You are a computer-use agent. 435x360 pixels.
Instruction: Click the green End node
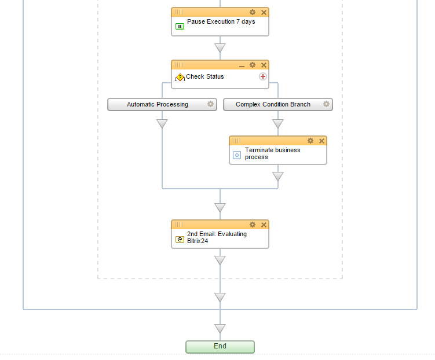coord(220,346)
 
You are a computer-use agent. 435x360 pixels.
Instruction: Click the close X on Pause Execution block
coord(264,12)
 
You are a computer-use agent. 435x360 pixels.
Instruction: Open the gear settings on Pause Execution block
coord(253,12)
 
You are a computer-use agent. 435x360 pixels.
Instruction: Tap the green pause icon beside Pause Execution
coord(180,26)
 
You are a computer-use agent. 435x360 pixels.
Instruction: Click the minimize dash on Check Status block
coord(242,65)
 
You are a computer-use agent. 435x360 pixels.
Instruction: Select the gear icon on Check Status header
coord(253,65)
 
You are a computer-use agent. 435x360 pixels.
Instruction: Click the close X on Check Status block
coord(264,65)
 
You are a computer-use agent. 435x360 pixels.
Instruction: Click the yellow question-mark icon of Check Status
coord(180,77)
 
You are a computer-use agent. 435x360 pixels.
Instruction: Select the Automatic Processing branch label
coord(158,104)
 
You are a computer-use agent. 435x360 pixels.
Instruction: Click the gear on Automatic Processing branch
coord(210,104)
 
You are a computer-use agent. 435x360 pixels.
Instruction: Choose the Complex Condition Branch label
coord(273,104)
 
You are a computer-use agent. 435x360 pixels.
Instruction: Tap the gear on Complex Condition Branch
coord(326,104)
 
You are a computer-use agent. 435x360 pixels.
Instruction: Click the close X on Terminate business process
coord(321,141)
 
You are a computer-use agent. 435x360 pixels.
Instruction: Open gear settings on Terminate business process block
coord(310,141)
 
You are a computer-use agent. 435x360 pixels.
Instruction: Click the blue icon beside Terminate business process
coord(236,155)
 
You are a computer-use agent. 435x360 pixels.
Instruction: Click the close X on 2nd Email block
coord(264,225)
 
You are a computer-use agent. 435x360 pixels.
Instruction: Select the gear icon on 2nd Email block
coord(253,225)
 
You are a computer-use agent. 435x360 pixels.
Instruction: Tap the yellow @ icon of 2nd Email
coord(180,239)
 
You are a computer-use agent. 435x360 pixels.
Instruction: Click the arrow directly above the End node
coord(220,329)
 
